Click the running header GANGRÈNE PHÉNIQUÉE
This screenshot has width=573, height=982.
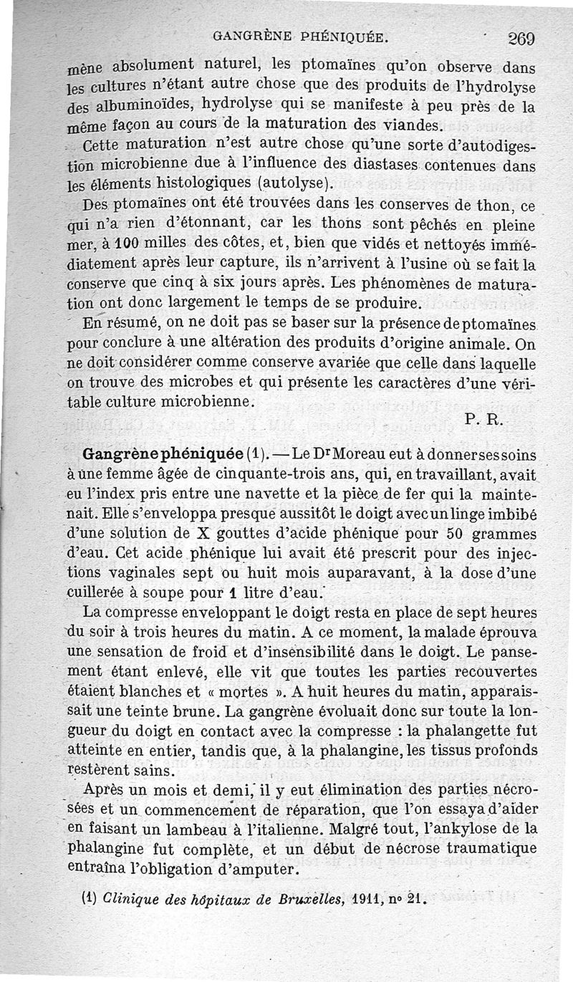(x=302, y=35)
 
